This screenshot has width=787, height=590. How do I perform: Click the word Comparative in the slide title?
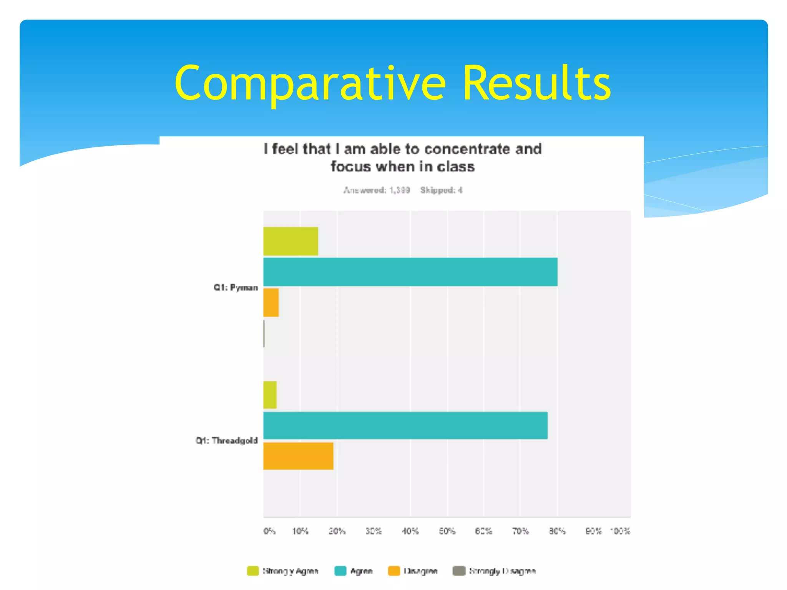(x=310, y=84)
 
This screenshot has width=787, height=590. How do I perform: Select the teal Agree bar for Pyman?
(x=410, y=272)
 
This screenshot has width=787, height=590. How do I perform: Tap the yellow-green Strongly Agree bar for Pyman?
(x=291, y=241)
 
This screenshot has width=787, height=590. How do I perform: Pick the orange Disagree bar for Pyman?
(x=271, y=303)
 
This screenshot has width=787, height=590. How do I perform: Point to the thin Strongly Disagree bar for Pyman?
(x=264, y=333)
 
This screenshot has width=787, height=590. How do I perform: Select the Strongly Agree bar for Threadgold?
(x=270, y=395)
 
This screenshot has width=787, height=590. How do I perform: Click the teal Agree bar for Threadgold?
(x=405, y=426)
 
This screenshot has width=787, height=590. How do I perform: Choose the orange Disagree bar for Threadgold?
(x=298, y=456)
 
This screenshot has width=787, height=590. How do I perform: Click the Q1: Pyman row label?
(x=236, y=288)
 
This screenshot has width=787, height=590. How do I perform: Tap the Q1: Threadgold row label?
(x=226, y=441)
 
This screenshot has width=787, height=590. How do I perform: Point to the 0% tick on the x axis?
(x=269, y=531)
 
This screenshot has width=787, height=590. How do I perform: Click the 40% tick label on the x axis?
(x=410, y=531)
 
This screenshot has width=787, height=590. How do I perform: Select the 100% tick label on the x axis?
(x=620, y=531)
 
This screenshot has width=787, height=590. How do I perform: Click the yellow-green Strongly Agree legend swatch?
(x=253, y=571)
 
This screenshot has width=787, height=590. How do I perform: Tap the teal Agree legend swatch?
(x=340, y=571)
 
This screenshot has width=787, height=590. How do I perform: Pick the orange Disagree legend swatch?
(x=394, y=571)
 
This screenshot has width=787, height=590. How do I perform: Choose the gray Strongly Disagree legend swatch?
(x=459, y=571)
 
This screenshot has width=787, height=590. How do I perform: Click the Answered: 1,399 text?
(x=377, y=190)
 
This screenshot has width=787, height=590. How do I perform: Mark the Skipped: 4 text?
(x=441, y=190)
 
